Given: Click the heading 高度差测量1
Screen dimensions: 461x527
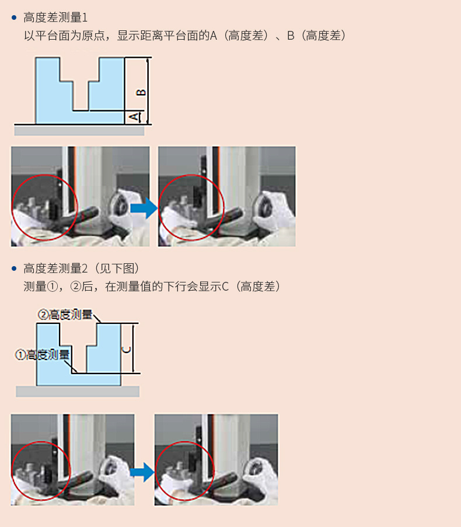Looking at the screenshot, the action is [x=55, y=18].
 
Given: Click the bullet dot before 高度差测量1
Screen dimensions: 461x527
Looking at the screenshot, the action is [x=14, y=18].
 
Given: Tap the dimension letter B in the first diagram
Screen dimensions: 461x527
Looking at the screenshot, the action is [x=141, y=92].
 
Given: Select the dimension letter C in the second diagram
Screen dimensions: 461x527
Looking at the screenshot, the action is [x=127, y=350].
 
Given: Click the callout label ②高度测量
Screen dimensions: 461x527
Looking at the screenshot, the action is [x=65, y=315].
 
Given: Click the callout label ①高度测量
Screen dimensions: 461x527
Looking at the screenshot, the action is [x=43, y=355].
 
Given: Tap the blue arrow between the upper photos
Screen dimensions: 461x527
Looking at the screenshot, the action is [x=144, y=208].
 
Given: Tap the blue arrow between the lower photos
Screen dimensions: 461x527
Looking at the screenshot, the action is [x=142, y=472].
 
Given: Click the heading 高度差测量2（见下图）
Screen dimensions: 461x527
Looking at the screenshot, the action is [x=81, y=268].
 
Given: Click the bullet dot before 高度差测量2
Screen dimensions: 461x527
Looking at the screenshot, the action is [x=14, y=268].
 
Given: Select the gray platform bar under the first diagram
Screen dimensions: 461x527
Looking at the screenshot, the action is [x=79, y=130].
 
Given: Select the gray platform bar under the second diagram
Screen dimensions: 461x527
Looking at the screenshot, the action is [x=78, y=392].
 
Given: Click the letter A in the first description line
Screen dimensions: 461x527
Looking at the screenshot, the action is [x=214, y=36].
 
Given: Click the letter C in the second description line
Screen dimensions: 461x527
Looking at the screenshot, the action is [x=225, y=287].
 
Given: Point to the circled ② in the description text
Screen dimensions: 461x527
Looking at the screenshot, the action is [x=76, y=287].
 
